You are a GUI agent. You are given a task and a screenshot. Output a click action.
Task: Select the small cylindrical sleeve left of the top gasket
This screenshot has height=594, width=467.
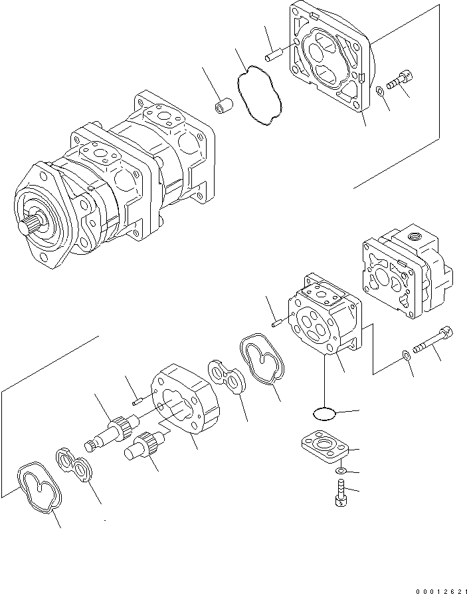pos(223,106)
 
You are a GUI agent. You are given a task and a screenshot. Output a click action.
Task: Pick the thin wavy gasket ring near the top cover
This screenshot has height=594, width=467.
pos(260,92)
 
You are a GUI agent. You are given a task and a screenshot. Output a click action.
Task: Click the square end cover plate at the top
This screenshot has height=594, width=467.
pos(329,63)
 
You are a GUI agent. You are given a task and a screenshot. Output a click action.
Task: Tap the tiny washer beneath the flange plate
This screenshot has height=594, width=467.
pos(339,472)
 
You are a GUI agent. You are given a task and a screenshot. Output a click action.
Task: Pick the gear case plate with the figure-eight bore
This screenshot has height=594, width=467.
pos(185,399)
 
